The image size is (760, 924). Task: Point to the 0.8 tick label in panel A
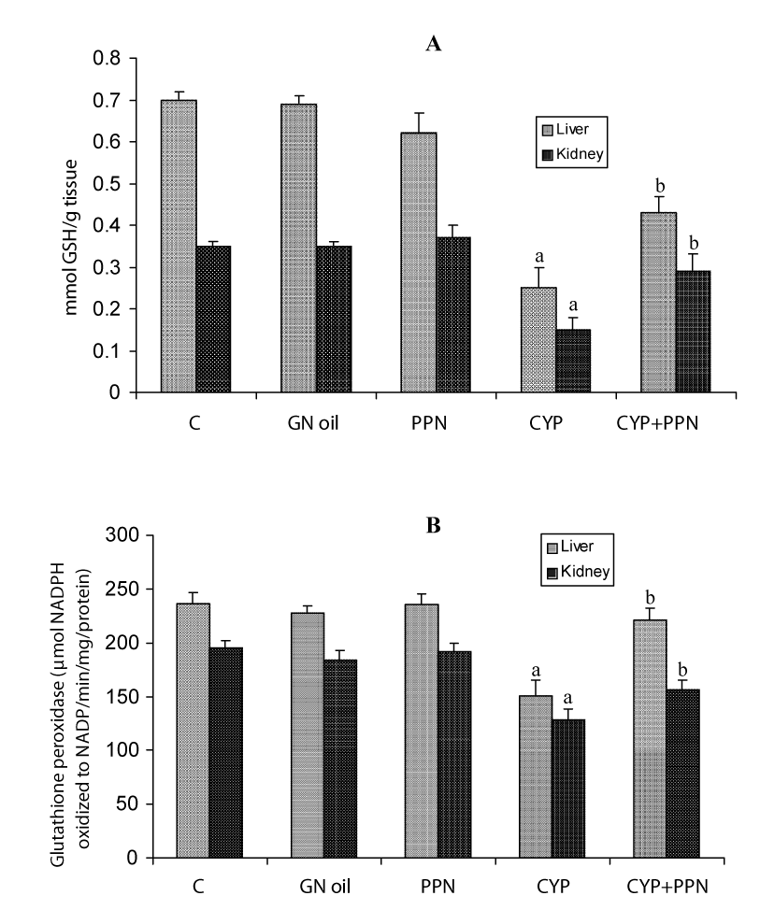click(x=112, y=58)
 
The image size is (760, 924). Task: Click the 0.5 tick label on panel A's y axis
click(x=112, y=184)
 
